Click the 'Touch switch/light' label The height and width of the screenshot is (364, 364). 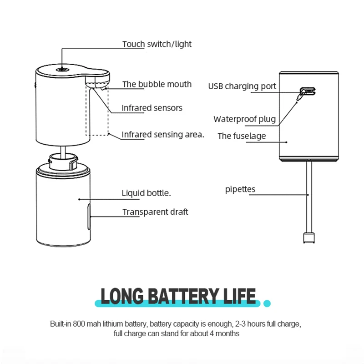157,44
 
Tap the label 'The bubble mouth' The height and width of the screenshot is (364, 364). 157,84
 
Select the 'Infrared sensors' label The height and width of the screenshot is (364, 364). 152,108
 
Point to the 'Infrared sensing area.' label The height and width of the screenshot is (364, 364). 163,134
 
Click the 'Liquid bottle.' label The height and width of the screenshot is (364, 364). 146,193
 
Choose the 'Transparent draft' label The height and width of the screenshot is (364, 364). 155,212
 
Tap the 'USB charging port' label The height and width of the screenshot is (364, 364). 242,86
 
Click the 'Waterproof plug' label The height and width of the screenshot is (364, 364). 245,119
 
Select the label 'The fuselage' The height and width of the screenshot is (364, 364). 242,136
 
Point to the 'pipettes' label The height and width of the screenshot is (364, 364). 240,189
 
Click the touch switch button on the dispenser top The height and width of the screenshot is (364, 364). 62,70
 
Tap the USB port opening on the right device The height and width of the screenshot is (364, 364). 308,91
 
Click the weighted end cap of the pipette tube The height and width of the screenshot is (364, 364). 309,238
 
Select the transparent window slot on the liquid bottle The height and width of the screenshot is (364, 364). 89,217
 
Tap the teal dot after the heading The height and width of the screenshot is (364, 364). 267,303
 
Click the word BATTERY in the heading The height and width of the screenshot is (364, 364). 183,296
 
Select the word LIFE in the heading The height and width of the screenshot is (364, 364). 239,296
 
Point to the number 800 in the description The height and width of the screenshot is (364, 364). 79,324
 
